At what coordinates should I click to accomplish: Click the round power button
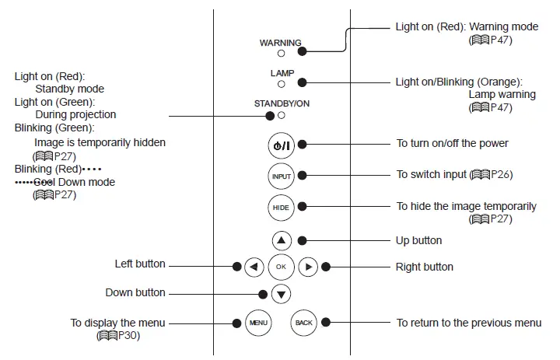click(281, 145)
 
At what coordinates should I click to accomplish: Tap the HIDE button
click(281, 207)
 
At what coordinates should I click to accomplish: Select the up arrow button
click(281, 241)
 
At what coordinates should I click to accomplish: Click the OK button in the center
click(281, 267)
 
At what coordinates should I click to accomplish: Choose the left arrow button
click(254, 267)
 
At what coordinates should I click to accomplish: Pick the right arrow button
click(308, 267)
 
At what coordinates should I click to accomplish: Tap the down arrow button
click(282, 294)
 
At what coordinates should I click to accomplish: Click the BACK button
click(303, 322)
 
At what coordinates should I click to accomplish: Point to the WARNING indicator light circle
click(281, 54)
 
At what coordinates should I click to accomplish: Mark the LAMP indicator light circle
click(281, 83)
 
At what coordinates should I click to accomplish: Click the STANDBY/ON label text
click(282, 103)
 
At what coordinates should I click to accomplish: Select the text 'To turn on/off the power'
click(452, 144)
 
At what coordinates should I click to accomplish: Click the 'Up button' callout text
click(418, 240)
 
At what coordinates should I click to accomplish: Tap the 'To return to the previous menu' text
click(468, 323)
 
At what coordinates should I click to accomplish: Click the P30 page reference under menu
click(126, 336)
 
